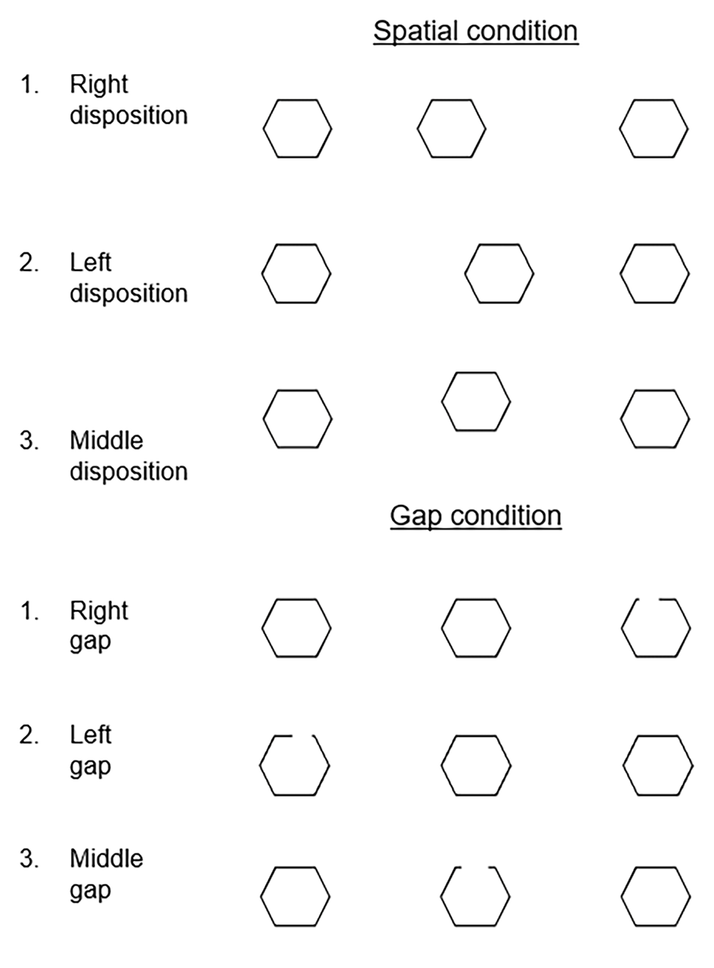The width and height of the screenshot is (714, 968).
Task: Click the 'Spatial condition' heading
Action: tap(476, 31)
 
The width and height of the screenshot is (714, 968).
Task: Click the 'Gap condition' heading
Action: tap(476, 516)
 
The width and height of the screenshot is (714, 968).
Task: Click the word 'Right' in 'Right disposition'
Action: tap(99, 84)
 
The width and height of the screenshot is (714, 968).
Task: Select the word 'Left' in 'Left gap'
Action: tap(91, 734)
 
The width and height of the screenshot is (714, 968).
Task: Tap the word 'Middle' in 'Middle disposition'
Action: tap(107, 440)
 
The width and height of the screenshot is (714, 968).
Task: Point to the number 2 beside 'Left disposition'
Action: tap(29, 262)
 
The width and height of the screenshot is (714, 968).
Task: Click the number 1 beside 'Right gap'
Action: tap(29, 611)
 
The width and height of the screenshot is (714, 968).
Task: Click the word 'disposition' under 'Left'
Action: tap(129, 294)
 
